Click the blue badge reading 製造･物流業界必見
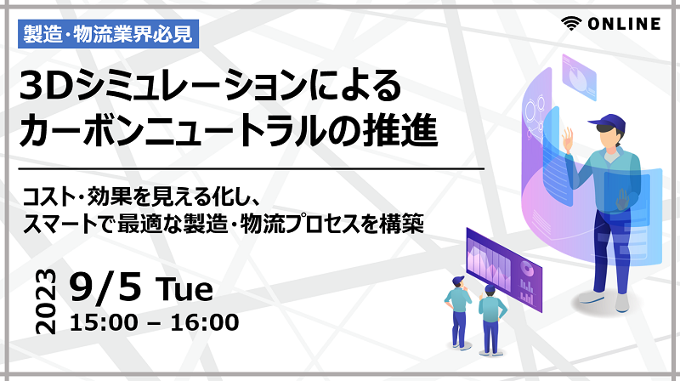tap(108, 34)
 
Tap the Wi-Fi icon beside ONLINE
tap(571, 24)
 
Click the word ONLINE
tap(624, 24)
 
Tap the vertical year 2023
tap(46, 302)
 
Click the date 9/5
tap(105, 286)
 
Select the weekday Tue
tap(184, 288)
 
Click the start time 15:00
tap(103, 322)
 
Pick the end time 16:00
tap(205, 322)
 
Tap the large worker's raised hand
tap(568, 139)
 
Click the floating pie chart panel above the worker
tap(579, 77)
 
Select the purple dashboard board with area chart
tap(504, 269)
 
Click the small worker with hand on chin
tap(457, 311)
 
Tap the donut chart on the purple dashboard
tap(527, 268)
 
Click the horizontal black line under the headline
tap(251, 168)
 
